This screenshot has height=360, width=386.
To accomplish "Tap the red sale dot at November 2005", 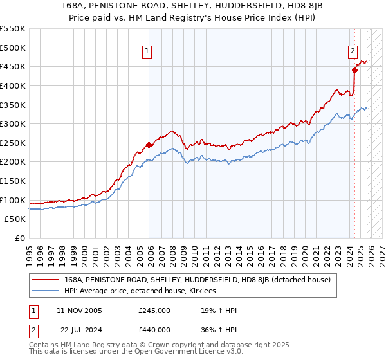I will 149,145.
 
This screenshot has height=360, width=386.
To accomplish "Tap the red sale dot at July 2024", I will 354,70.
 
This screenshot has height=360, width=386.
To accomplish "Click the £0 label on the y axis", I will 19,239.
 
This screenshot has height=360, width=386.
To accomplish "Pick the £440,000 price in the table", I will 154,330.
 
